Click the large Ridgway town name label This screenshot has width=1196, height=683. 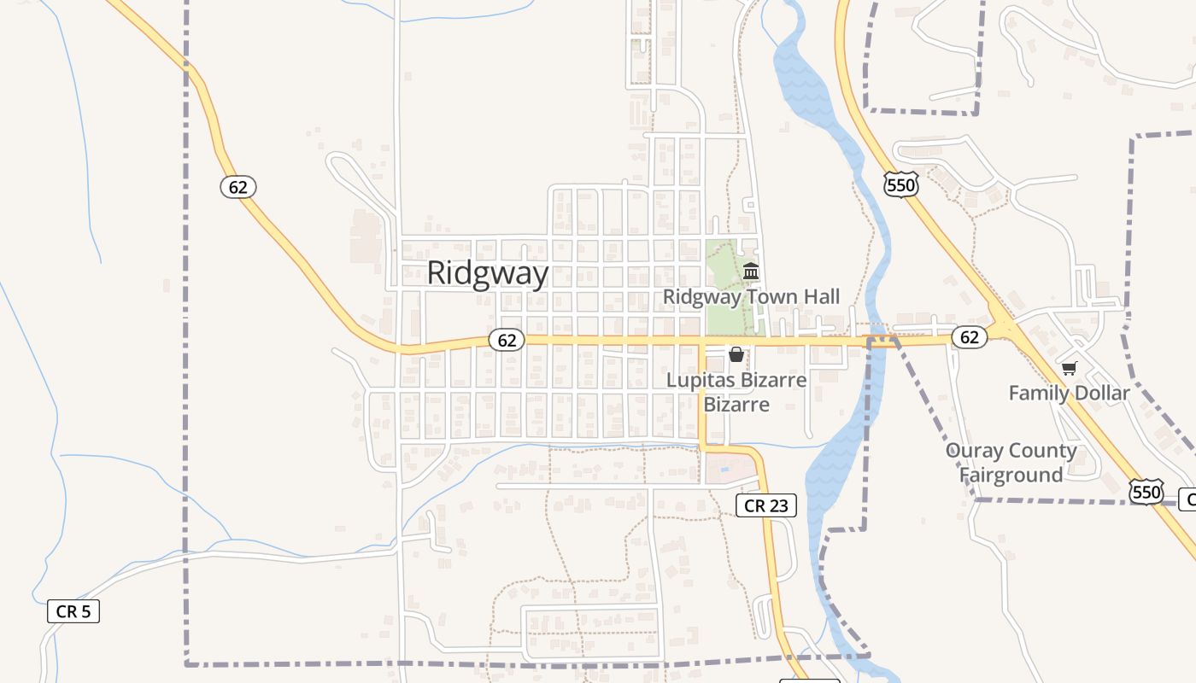point(487,273)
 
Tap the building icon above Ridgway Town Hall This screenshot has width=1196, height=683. point(751,271)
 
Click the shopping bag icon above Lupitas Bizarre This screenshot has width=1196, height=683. point(736,353)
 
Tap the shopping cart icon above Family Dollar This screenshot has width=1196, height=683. point(1069,368)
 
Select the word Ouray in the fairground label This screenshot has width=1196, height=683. point(974,451)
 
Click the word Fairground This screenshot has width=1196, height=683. point(1011,475)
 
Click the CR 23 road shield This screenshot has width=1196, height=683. point(766,505)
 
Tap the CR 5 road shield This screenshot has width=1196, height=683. point(73,611)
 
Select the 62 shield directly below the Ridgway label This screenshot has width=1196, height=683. point(507,340)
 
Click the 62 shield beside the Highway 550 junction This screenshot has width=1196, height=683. point(970,337)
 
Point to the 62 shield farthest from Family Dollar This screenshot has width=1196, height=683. point(237,187)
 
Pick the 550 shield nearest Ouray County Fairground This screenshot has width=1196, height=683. point(1146,492)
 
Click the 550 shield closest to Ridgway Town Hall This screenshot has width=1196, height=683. point(900,184)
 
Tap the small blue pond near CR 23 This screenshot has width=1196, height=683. point(725,469)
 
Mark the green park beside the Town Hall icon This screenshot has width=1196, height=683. point(723,290)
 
